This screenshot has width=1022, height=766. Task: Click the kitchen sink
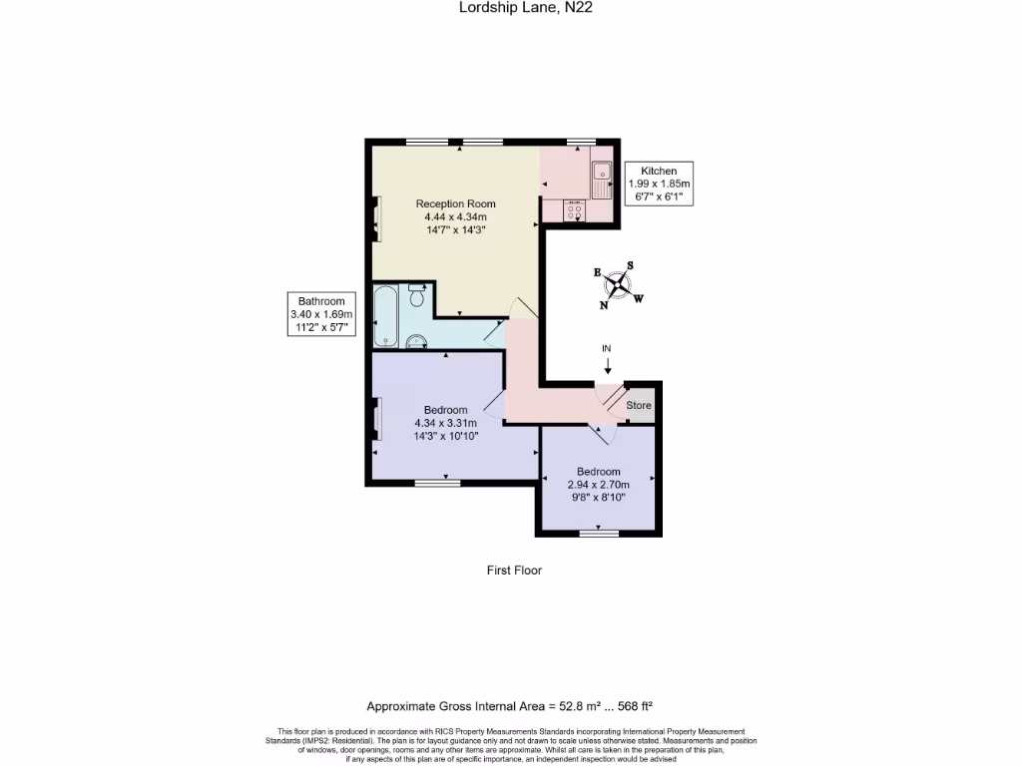click(x=602, y=180)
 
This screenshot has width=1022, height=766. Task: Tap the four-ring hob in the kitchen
click(x=574, y=212)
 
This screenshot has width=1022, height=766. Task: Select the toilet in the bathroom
click(x=418, y=294)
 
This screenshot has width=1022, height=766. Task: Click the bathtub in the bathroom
click(x=385, y=315)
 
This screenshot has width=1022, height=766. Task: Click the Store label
click(x=639, y=406)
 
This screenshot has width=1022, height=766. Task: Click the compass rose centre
click(x=619, y=286)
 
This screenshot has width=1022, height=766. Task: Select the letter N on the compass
click(x=603, y=306)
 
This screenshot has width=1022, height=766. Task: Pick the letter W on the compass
click(x=639, y=298)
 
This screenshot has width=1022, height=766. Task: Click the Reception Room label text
click(x=455, y=203)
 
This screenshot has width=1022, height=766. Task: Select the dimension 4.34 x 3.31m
click(x=445, y=423)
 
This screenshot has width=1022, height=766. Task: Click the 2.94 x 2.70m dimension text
click(x=598, y=485)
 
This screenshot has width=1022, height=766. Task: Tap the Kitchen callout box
click(x=659, y=184)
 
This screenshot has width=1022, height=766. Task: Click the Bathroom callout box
click(x=321, y=314)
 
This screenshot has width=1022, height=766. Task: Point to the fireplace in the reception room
click(x=376, y=219)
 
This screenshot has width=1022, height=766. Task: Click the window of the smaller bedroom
click(x=599, y=533)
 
